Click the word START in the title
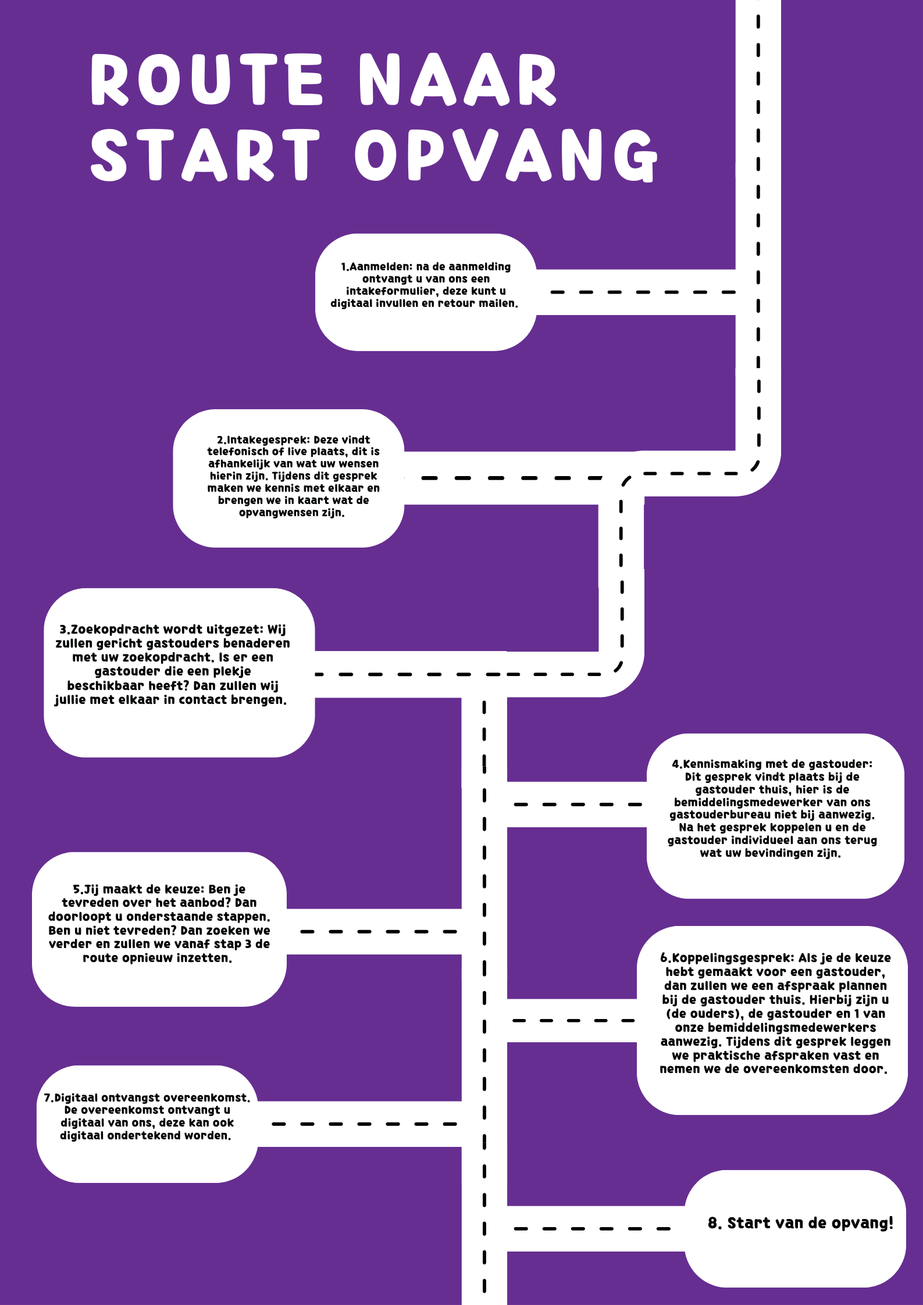pos(205,154)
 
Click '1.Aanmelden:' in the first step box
pos(377,267)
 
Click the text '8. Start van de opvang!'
pos(800,1223)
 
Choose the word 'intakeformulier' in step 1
pos(391,291)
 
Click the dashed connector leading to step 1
pos(643,292)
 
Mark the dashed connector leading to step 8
pos(592,1229)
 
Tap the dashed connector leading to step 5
pos(379,932)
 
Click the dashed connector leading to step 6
pos(573,1021)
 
